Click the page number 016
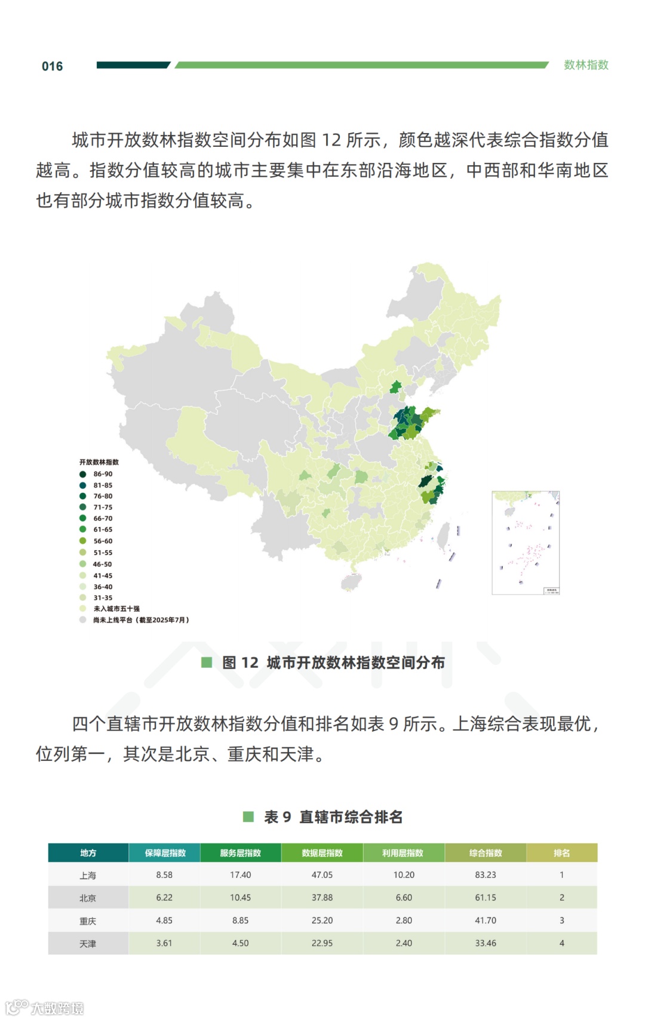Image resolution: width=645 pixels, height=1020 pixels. [52, 66]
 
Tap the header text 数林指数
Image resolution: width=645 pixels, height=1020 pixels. [586, 65]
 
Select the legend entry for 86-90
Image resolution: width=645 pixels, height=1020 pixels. [102, 474]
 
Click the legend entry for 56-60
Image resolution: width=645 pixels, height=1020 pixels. [102, 541]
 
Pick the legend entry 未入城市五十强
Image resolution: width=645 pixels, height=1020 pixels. [116, 609]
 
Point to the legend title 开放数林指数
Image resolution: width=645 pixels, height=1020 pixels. [99, 462]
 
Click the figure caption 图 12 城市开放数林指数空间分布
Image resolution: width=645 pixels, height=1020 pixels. [333, 662]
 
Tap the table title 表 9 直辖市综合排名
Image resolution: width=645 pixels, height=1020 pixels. [333, 816]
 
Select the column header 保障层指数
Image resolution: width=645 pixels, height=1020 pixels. [165, 853]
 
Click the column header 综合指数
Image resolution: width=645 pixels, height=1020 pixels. [486, 853]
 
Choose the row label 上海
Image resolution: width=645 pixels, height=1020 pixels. [88, 876]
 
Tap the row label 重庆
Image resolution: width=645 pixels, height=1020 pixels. [88, 921]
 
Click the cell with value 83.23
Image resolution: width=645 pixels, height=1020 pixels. [486, 875]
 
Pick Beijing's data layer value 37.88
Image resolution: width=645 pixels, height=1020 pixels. [322, 898]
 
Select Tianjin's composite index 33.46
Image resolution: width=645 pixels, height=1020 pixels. [486, 944]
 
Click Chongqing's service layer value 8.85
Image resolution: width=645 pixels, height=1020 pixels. [240, 921]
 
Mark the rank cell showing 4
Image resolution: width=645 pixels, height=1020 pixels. [561, 944]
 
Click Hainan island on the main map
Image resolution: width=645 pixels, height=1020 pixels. [351, 581]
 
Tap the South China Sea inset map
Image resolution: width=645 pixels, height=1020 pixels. [526, 543]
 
